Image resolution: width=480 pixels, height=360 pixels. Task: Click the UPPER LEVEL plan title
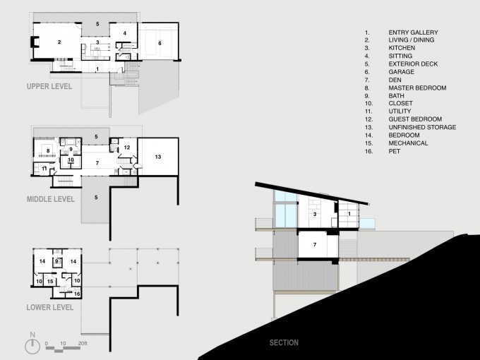click(x=49, y=86)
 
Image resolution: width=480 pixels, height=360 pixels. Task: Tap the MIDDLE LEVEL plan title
click(x=51, y=199)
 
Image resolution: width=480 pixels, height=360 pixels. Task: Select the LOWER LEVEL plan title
click(x=50, y=307)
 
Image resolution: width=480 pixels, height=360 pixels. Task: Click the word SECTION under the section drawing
click(x=284, y=342)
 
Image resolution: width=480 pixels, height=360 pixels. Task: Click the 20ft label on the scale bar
click(x=83, y=344)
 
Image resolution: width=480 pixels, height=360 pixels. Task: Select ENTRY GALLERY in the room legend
click(x=413, y=32)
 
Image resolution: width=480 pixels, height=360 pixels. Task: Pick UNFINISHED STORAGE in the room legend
click(x=422, y=127)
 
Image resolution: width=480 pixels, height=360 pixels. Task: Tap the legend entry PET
click(x=395, y=151)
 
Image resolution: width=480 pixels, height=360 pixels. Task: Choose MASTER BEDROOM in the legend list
click(x=417, y=88)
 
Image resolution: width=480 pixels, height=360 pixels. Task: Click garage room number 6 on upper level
click(x=160, y=44)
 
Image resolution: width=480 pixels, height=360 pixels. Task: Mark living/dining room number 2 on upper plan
click(x=59, y=42)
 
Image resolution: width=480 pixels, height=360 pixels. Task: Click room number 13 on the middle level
click(x=158, y=157)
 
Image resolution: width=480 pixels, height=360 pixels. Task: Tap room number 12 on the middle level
click(x=127, y=148)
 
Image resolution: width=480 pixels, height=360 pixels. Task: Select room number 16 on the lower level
click(x=77, y=294)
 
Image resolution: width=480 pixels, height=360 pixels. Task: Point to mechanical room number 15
click(x=50, y=281)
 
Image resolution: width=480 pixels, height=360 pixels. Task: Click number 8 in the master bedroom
click(x=48, y=150)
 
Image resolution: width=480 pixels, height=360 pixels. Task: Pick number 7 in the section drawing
click(x=315, y=245)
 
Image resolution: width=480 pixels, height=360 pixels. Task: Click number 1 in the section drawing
click(x=349, y=214)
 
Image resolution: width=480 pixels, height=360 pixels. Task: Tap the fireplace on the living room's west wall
click(x=35, y=42)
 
